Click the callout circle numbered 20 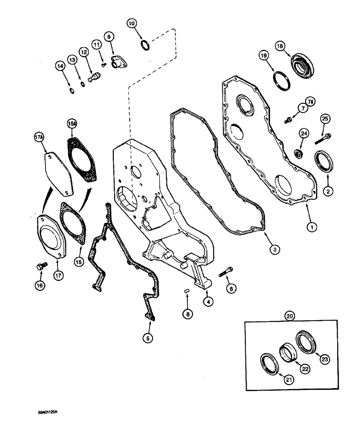pos(289,316)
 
